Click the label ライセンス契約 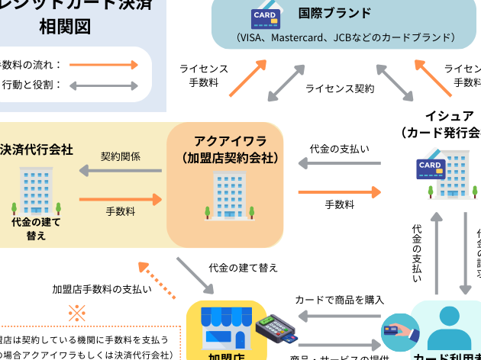(x=340, y=88)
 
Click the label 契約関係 (x=121, y=156)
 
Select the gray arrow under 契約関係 (x=121, y=172)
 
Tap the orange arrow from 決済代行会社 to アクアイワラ (x=121, y=200)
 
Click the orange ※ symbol (x=77, y=313)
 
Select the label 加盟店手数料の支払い (x=102, y=289)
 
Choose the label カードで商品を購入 (x=339, y=300)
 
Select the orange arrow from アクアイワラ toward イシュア (x=339, y=191)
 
